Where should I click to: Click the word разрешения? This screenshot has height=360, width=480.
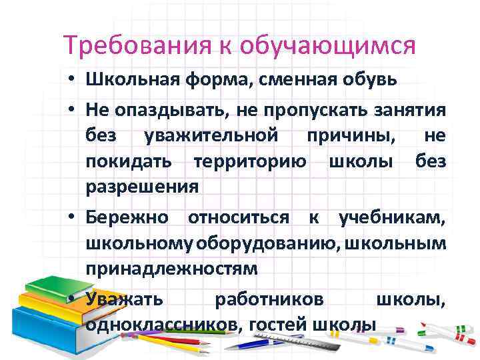[142, 187]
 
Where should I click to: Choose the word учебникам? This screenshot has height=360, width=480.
[392, 217]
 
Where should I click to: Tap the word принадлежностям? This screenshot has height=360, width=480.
[171, 269]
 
